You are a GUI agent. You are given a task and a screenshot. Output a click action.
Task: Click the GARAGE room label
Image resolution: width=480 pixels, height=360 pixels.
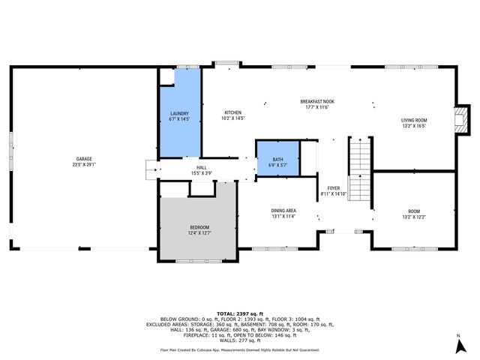[84, 159]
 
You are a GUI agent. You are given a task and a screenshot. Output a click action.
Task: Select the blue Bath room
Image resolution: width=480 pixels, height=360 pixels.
[277, 157]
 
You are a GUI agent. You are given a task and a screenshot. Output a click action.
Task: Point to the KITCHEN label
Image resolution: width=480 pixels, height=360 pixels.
[232, 112]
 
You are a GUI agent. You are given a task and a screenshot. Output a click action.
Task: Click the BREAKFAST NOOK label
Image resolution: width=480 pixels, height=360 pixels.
[317, 102]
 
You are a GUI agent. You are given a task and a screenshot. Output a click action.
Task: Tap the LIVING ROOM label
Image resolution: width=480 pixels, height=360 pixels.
[413, 120]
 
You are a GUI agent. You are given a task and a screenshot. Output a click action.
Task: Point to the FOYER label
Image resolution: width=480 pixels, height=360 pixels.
[334, 187]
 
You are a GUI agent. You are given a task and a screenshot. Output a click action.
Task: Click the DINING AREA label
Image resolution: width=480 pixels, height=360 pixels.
[283, 211]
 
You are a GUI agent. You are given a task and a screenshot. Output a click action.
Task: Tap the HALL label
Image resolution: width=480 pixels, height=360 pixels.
[202, 167]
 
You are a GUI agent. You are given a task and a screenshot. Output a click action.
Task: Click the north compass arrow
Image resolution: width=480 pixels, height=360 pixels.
[457, 346]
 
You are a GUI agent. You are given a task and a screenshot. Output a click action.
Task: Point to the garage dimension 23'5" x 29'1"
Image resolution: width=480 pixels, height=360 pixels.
[84, 164]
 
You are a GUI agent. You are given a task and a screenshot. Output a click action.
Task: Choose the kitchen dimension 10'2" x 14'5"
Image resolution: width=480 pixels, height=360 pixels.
[232, 118]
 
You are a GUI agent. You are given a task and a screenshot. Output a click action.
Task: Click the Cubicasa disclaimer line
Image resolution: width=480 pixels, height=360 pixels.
[239, 349]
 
